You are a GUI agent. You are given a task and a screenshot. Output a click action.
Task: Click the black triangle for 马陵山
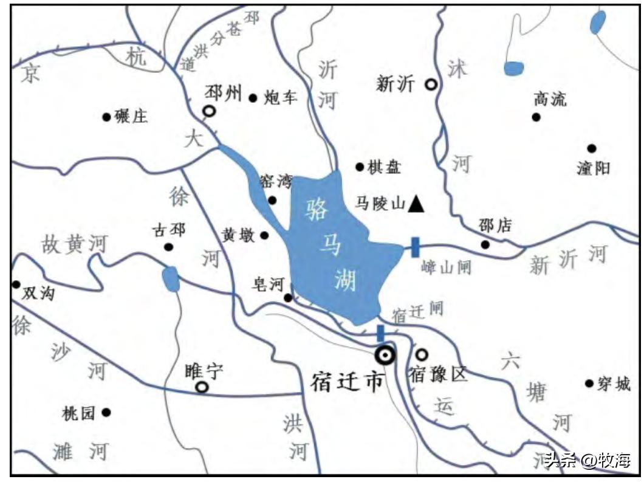416,204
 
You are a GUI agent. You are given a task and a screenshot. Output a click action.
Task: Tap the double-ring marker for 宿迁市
385,355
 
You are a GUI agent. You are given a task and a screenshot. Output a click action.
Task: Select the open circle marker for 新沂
431,85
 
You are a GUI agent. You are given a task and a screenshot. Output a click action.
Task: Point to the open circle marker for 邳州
209,111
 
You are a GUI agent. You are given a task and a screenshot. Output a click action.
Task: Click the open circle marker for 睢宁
201,387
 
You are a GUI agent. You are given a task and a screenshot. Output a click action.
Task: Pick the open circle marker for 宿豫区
421,354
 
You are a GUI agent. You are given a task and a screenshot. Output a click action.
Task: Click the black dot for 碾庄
107,116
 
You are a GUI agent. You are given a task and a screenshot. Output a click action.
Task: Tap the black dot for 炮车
253,97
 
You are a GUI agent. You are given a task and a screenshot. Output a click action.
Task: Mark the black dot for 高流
536,117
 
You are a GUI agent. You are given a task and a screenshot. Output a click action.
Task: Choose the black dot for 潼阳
592,148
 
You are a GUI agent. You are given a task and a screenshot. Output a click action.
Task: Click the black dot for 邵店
485,244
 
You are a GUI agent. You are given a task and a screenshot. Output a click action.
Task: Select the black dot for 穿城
589,383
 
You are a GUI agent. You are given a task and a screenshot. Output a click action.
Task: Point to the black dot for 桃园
106,412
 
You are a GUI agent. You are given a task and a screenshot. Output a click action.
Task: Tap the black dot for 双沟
16,284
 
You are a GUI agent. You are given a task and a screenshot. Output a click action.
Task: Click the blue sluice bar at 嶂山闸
415,247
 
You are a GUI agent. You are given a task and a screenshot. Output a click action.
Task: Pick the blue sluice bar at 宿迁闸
380,333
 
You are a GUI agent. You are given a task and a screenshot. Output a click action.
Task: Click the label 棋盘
384,167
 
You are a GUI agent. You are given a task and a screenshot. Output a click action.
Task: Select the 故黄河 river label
74,244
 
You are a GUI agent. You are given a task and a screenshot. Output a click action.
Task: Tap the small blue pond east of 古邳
171,279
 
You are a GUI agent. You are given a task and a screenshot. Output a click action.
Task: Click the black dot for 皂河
288,298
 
